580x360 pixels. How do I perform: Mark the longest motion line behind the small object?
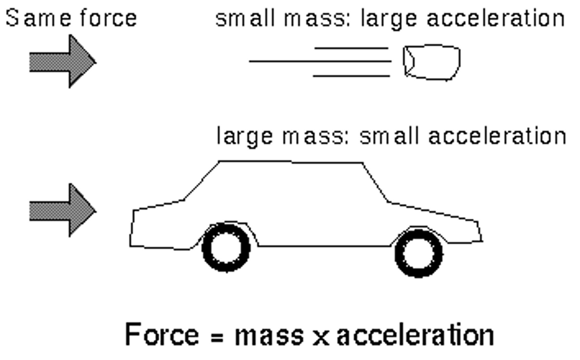pyautogui.click(x=320, y=62)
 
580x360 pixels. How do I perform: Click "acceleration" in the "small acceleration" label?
pyautogui.click(x=497, y=136)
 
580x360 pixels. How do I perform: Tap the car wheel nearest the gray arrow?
pyautogui.click(x=226, y=247)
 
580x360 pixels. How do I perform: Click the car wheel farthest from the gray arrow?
pyautogui.click(x=419, y=253)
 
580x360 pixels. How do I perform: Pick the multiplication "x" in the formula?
pyautogui.click(x=321, y=337)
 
